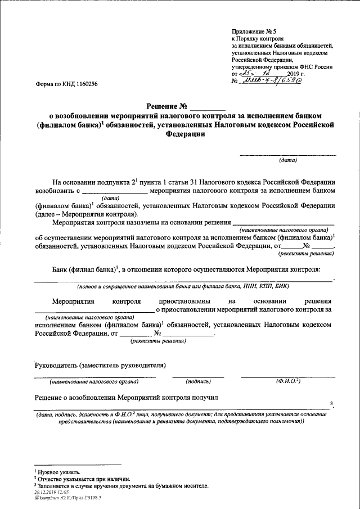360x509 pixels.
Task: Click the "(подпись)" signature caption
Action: coord(197,382)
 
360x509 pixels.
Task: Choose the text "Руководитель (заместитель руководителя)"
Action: coord(100,365)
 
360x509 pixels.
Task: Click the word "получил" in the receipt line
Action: coord(203,398)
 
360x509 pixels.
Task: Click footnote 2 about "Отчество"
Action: coord(74,478)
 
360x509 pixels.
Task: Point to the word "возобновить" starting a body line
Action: coord(53,191)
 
